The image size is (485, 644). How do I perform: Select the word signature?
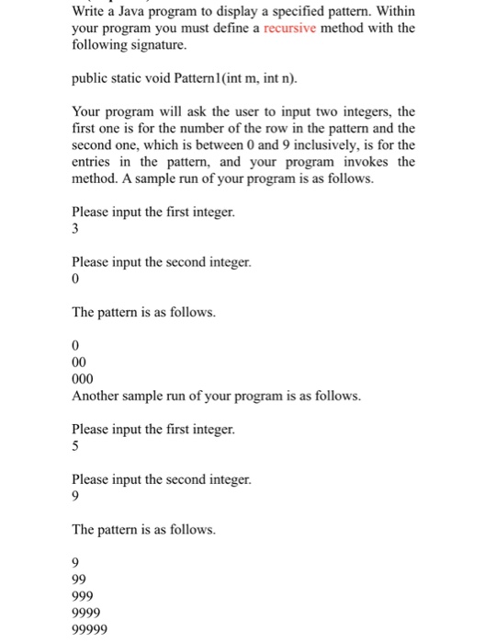(156, 44)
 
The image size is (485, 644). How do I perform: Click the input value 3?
(74, 230)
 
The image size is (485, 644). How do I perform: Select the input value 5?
(74, 445)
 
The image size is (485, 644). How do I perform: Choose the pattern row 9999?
(86, 613)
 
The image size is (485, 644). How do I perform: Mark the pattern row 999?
(83, 595)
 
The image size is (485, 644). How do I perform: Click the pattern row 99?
(79, 579)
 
